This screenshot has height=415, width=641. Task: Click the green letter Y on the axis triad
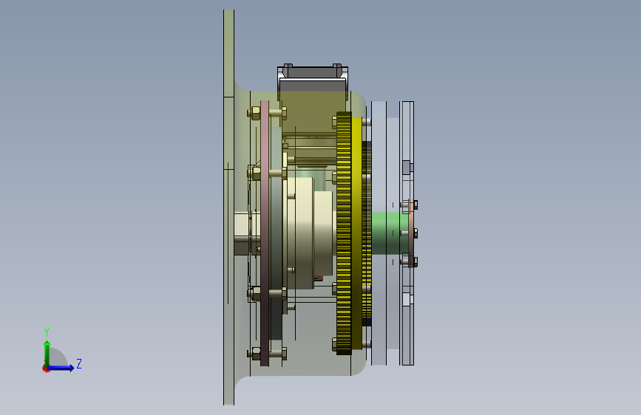pos(47,332)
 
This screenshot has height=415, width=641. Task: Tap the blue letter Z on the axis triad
pos(79,363)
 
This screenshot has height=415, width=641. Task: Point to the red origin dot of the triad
pos(46,368)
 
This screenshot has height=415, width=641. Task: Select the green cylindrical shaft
pos(390,233)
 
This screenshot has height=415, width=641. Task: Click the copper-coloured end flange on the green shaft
pos(411,233)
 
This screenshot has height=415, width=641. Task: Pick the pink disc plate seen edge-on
pos(265,233)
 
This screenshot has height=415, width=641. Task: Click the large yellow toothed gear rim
pos(344,233)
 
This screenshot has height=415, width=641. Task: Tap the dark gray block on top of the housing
pos(313,79)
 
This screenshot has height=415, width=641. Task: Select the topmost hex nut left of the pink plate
pos(254,113)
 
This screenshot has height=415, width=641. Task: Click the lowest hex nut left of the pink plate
pos(254,353)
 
